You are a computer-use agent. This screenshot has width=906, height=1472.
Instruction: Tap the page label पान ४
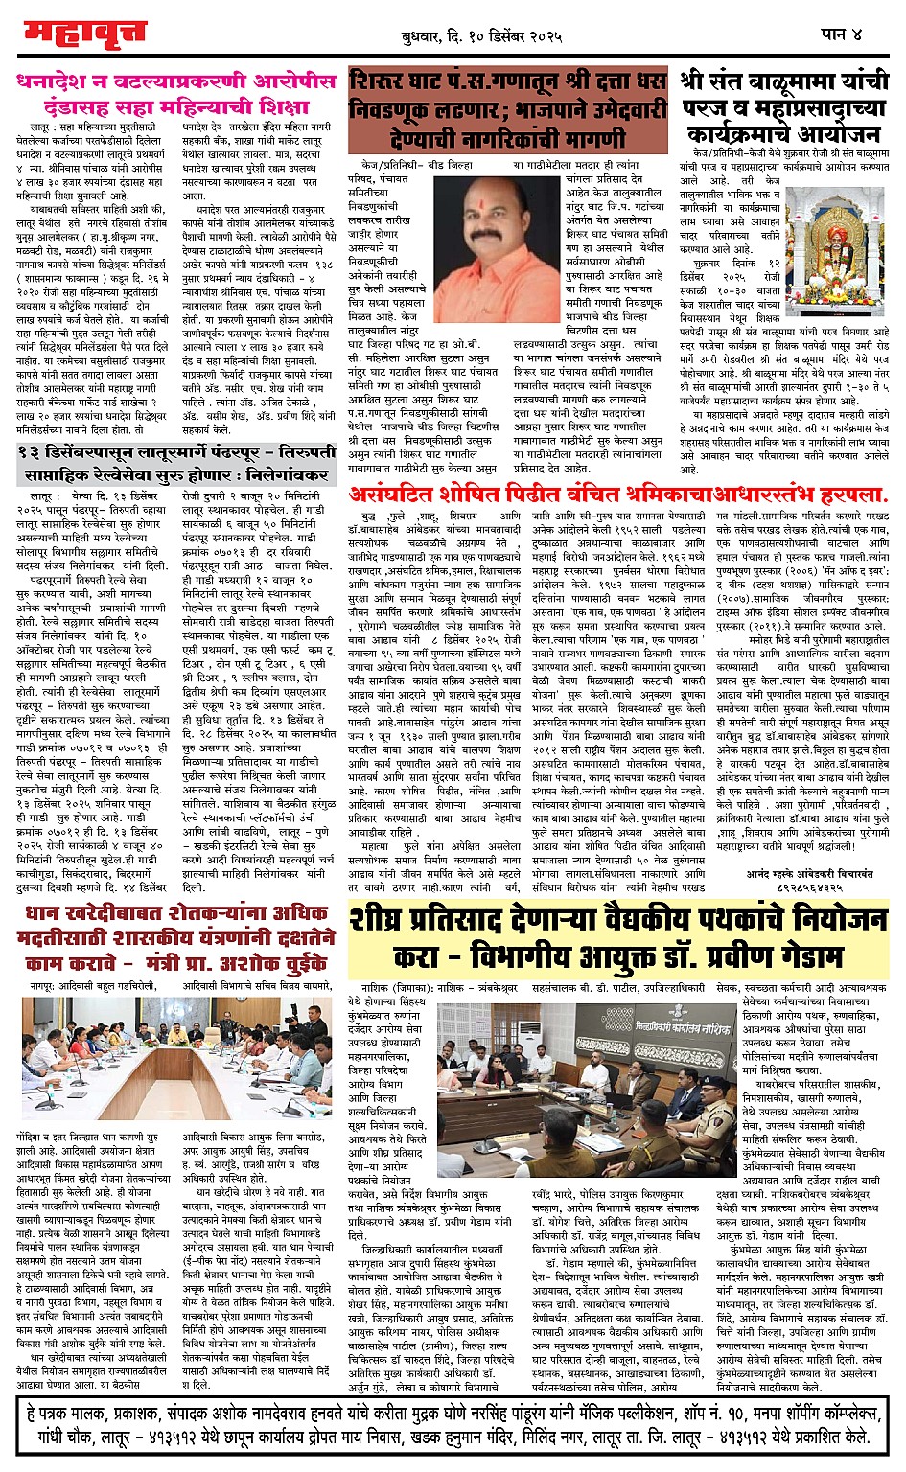pos(841,34)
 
